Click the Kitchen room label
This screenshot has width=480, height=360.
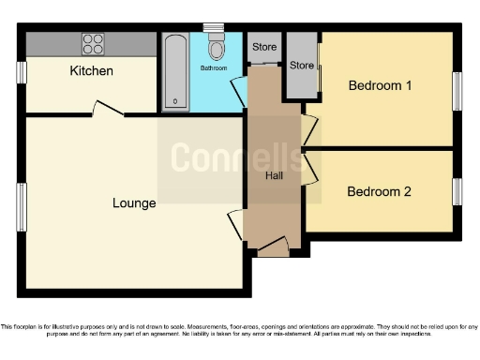tap(91, 71)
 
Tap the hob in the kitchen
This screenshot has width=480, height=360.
tap(93, 43)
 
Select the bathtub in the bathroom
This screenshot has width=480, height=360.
tap(175, 72)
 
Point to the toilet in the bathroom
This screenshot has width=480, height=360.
tap(217, 46)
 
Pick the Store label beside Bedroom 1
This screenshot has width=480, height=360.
tap(301, 66)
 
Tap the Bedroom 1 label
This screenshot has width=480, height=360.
tap(380, 86)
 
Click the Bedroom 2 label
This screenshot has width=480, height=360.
tap(379, 191)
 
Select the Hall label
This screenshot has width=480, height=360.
tap(275, 175)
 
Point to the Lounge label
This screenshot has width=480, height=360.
tap(134, 202)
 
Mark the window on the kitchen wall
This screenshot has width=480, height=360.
tap(21, 72)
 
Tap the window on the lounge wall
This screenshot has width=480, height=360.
tap(21, 206)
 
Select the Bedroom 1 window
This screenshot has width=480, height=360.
tap(457, 92)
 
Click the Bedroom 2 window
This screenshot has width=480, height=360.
tap(457, 191)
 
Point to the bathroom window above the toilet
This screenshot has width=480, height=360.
tap(215, 28)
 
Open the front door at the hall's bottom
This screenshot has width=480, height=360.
tap(273, 247)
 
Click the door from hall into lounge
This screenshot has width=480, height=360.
tap(235, 225)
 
